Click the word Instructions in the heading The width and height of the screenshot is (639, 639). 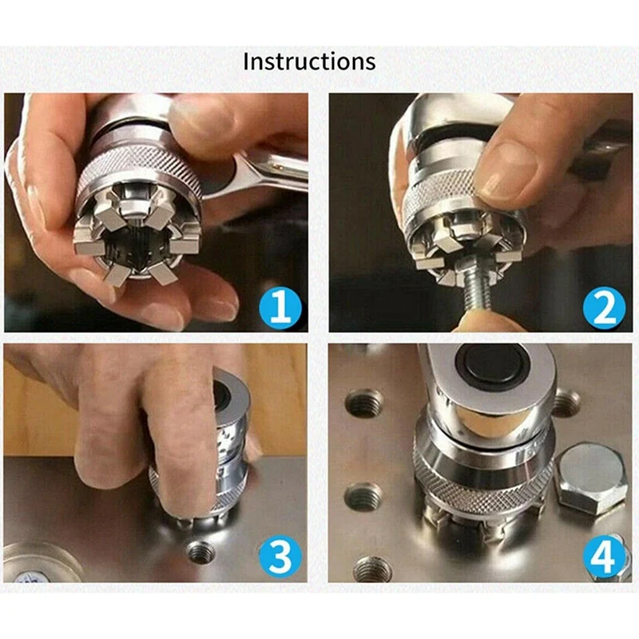pyautogui.click(x=309, y=62)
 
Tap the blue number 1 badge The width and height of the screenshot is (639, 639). pyautogui.click(x=281, y=307)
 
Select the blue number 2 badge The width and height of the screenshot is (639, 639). pyautogui.click(x=604, y=307)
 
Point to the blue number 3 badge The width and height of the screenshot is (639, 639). pyautogui.click(x=281, y=556)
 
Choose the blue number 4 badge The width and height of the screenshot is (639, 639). pyautogui.click(x=604, y=556)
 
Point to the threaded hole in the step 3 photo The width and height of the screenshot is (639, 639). pyautogui.click(x=200, y=553)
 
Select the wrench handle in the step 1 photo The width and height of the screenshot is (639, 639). pyautogui.click(x=271, y=171)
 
